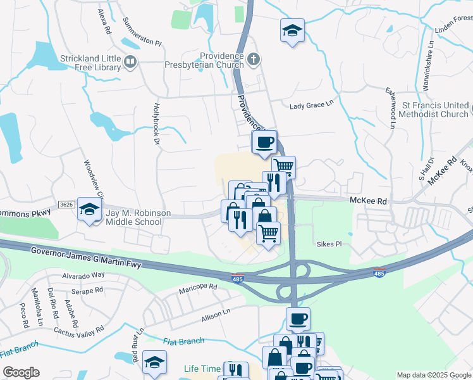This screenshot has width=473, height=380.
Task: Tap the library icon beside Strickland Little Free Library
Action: pyautogui.click(x=131, y=61)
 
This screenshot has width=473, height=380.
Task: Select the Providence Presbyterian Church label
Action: pyautogui.click(x=221, y=60)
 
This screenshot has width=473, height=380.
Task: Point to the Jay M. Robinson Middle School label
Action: pyautogui.click(x=138, y=218)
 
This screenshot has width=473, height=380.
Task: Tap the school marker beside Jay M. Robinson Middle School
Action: pyautogui.click(x=90, y=208)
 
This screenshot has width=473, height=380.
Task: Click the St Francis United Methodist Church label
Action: pyautogui.click(x=435, y=110)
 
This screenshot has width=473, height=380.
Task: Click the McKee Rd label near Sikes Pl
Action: pyautogui.click(x=368, y=200)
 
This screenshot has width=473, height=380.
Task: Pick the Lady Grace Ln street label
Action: pyautogui.click(x=311, y=105)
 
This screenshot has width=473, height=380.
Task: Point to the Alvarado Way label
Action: pyautogui.click(x=83, y=275)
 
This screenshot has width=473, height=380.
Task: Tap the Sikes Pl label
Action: pyautogui.click(x=329, y=243)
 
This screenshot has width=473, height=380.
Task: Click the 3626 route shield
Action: pyautogui.click(x=66, y=205)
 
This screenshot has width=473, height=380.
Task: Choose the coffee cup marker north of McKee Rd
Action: pyautogui.click(x=265, y=142)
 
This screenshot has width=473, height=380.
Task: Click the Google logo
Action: pyautogui.click(x=21, y=372)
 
